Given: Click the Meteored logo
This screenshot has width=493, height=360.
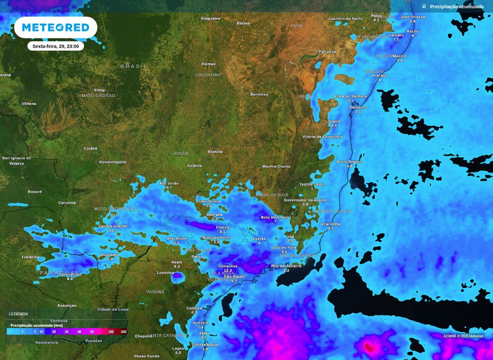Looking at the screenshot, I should click(x=56, y=27).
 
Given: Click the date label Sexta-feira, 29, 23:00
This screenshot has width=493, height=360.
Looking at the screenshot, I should click(x=55, y=46).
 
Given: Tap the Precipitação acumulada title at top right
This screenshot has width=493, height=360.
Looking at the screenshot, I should click(x=456, y=7).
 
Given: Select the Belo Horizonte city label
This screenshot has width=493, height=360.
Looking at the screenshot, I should click(x=275, y=218).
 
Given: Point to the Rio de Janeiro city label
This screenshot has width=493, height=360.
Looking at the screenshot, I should click(x=286, y=266).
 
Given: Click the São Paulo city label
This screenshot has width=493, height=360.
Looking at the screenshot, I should click(x=234, y=277).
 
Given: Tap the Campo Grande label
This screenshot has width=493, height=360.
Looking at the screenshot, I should click(x=113, y=226).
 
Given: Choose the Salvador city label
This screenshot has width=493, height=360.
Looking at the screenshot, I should click(x=358, y=107).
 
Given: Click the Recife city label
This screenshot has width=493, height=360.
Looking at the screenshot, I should click(x=413, y=31).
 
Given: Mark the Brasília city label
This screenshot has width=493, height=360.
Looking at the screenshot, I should click(x=215, y=151).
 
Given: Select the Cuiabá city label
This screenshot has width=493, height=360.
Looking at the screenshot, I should click(x=91, y=148).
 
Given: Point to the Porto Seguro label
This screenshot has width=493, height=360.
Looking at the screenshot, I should click(x=349, y=162).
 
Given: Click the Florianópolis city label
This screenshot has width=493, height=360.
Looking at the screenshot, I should click(x=205, y=345).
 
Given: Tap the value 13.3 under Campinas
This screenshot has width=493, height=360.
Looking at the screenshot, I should click(x=228, y=270).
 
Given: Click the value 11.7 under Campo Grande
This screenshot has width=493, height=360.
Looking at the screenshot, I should click(x=113, y=231).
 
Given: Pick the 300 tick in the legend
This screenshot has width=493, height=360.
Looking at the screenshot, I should click(x=124, y=332).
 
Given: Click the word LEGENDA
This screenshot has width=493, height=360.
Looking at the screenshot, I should click(x=19, y=314).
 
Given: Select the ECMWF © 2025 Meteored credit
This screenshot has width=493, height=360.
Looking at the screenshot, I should click(x=463, y=336).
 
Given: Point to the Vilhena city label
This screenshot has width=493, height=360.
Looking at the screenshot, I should click(x=29, y=103).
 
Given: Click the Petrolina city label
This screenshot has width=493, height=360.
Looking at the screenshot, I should click(x=327, y=51).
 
